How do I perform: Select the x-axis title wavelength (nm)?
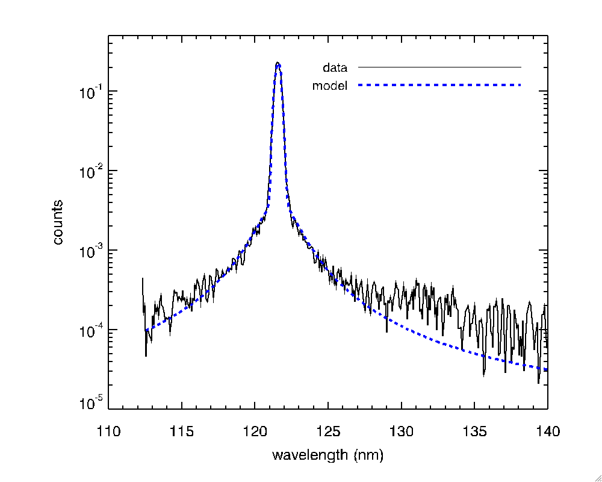(327, 455)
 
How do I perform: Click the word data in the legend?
(335, 67)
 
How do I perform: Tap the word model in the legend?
(330, 86)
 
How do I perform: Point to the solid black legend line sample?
(439, 66)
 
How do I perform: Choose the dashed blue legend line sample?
(439, 86)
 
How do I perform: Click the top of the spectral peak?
(278, 63)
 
